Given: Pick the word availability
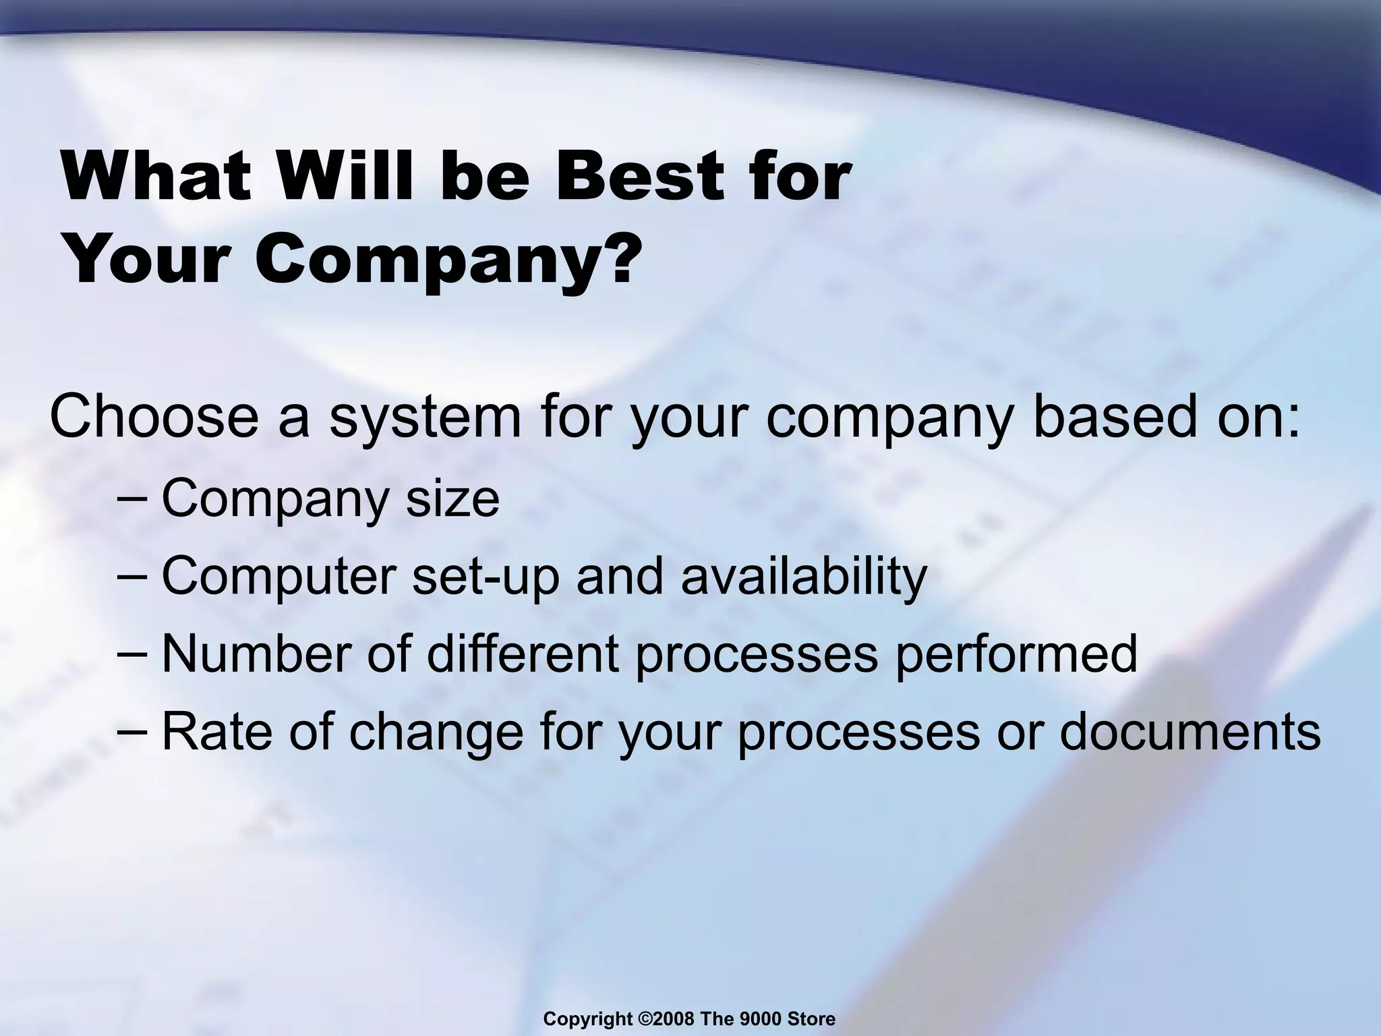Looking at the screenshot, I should [804, 577].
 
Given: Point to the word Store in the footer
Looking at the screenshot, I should [812, 1019].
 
